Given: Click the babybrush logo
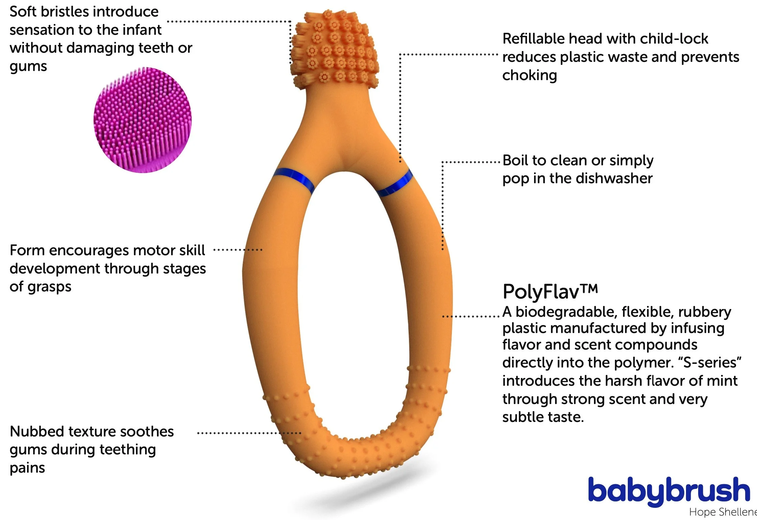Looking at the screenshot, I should (x=669, y=491).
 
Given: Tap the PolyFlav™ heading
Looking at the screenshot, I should (x=550, y=292).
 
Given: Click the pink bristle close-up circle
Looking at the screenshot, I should (x=142, y=120).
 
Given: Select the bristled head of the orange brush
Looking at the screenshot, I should (x=334, y=50).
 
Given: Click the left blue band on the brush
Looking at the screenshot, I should (x=294, y=180).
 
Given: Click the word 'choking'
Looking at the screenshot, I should (x=529, y=75).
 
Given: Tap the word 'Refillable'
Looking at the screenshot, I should (x=533, y=39).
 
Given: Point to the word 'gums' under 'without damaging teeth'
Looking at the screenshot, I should (x=28, y=66).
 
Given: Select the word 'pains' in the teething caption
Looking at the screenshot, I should (x=27, y=468).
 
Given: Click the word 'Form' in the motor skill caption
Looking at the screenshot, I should (x=27, y=251).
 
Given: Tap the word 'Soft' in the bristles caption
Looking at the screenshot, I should (x=23, y=12).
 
